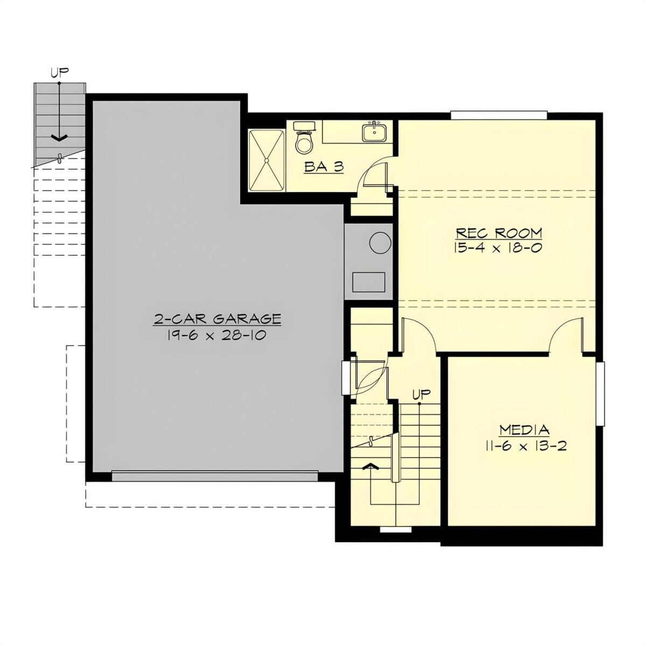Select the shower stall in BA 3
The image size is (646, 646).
coord(266,161)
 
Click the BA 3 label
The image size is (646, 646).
coord(324,166)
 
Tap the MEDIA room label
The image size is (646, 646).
coord(524,430)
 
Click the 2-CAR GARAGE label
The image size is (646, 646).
coord(217,319)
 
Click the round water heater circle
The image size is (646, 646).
coord(380,243)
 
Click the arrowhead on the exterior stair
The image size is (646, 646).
coord(59,137)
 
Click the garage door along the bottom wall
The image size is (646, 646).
coord(215,476)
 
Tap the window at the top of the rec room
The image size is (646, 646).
coord(499,115)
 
